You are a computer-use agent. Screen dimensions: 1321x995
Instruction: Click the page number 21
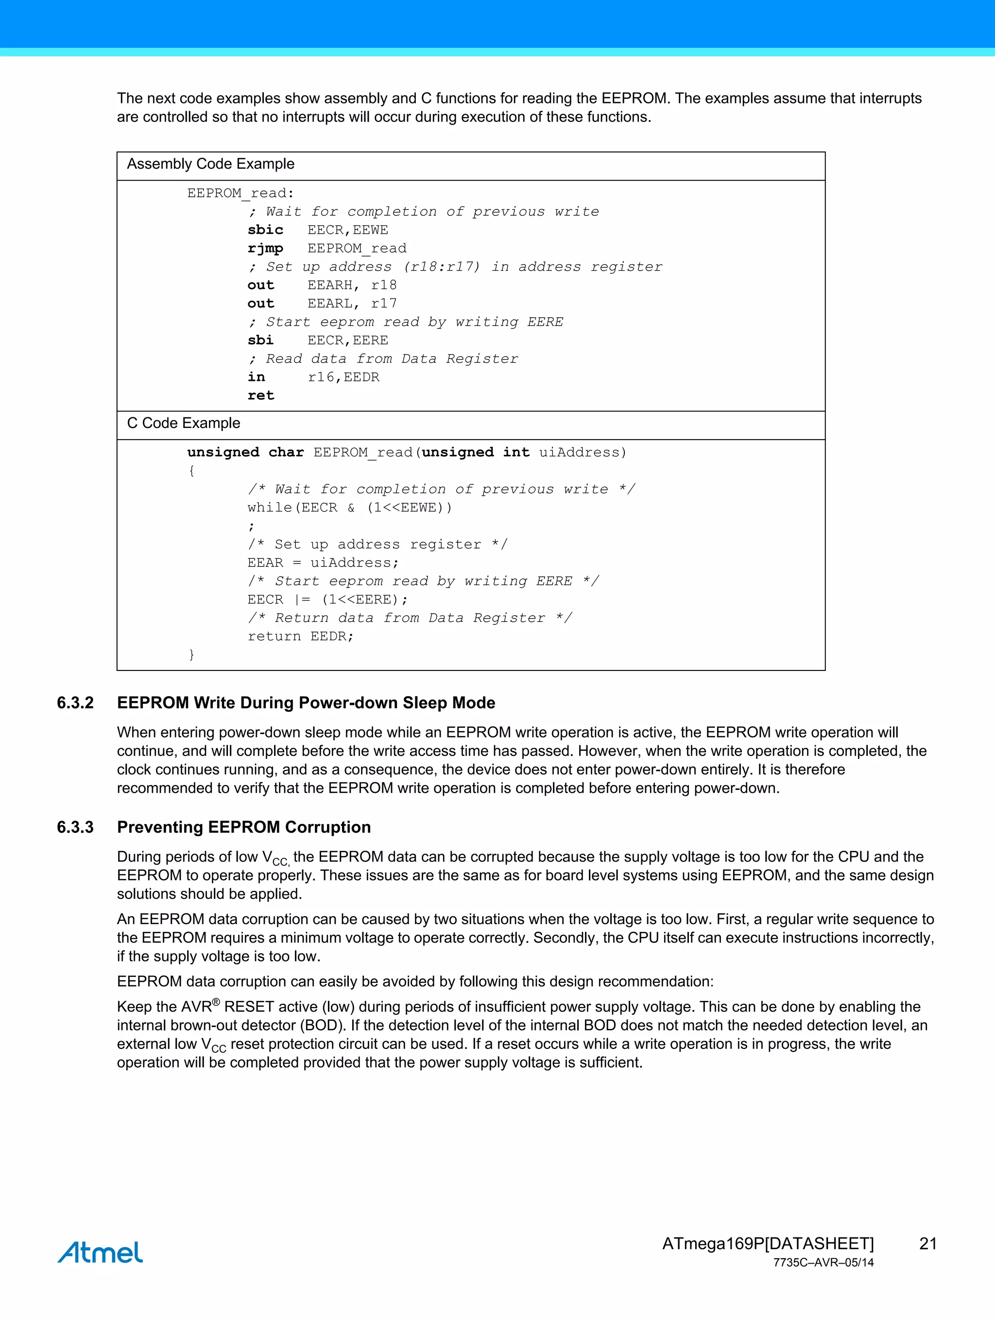pyautogui.click(x=927, y=1243)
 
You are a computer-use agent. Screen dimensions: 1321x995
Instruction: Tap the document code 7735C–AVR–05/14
pyautogui.click(x=823, y=1263)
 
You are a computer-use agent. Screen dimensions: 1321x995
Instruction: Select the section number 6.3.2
pyautogui.click(x=75, y=703)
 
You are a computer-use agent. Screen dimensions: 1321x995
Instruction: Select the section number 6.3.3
pyautogui.click(x=75, y=827)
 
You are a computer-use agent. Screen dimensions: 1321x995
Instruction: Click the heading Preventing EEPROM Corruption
pyautogui.click(x=244, y=827)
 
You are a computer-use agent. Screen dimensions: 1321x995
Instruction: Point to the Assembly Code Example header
pyautogui.click(x=210, y=164)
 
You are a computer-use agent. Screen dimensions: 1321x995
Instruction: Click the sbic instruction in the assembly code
pyautogui.click(x=265, y=230)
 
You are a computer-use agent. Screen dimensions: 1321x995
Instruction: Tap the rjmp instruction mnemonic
pyautogui.click(x=265, y=248)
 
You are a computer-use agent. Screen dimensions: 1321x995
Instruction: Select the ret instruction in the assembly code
pyautogui.click(x=261, y=395)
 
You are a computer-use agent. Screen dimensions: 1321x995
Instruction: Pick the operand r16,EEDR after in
pyautogui.click(x=343, y=377)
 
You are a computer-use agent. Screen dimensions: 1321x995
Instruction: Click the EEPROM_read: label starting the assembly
pyautogui.click(x=240, y=193)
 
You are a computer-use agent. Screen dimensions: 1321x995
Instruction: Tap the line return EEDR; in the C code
pyautogui.click(x=300, y=636)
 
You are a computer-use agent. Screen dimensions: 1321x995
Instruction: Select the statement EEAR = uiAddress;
pyautogui.click(x=323, y=563)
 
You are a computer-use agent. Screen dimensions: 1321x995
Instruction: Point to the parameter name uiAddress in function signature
pyautogui.click(x=583, y=453)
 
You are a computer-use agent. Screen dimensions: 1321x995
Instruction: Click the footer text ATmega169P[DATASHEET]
pyautogui.click(x=768, y=1243)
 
